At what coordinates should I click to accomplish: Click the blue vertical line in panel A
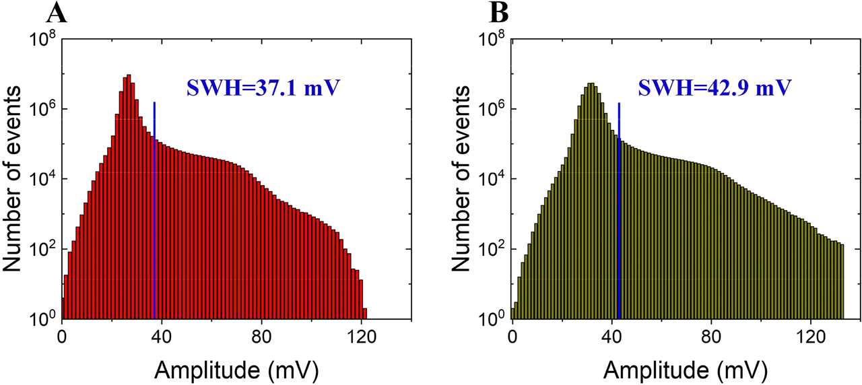pyautogui.click(x=154, y=202)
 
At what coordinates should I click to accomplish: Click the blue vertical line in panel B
pyautogui.click(x=619, y=202)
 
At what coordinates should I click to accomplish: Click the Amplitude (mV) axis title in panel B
pyautogui.click(x=685, y=368)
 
